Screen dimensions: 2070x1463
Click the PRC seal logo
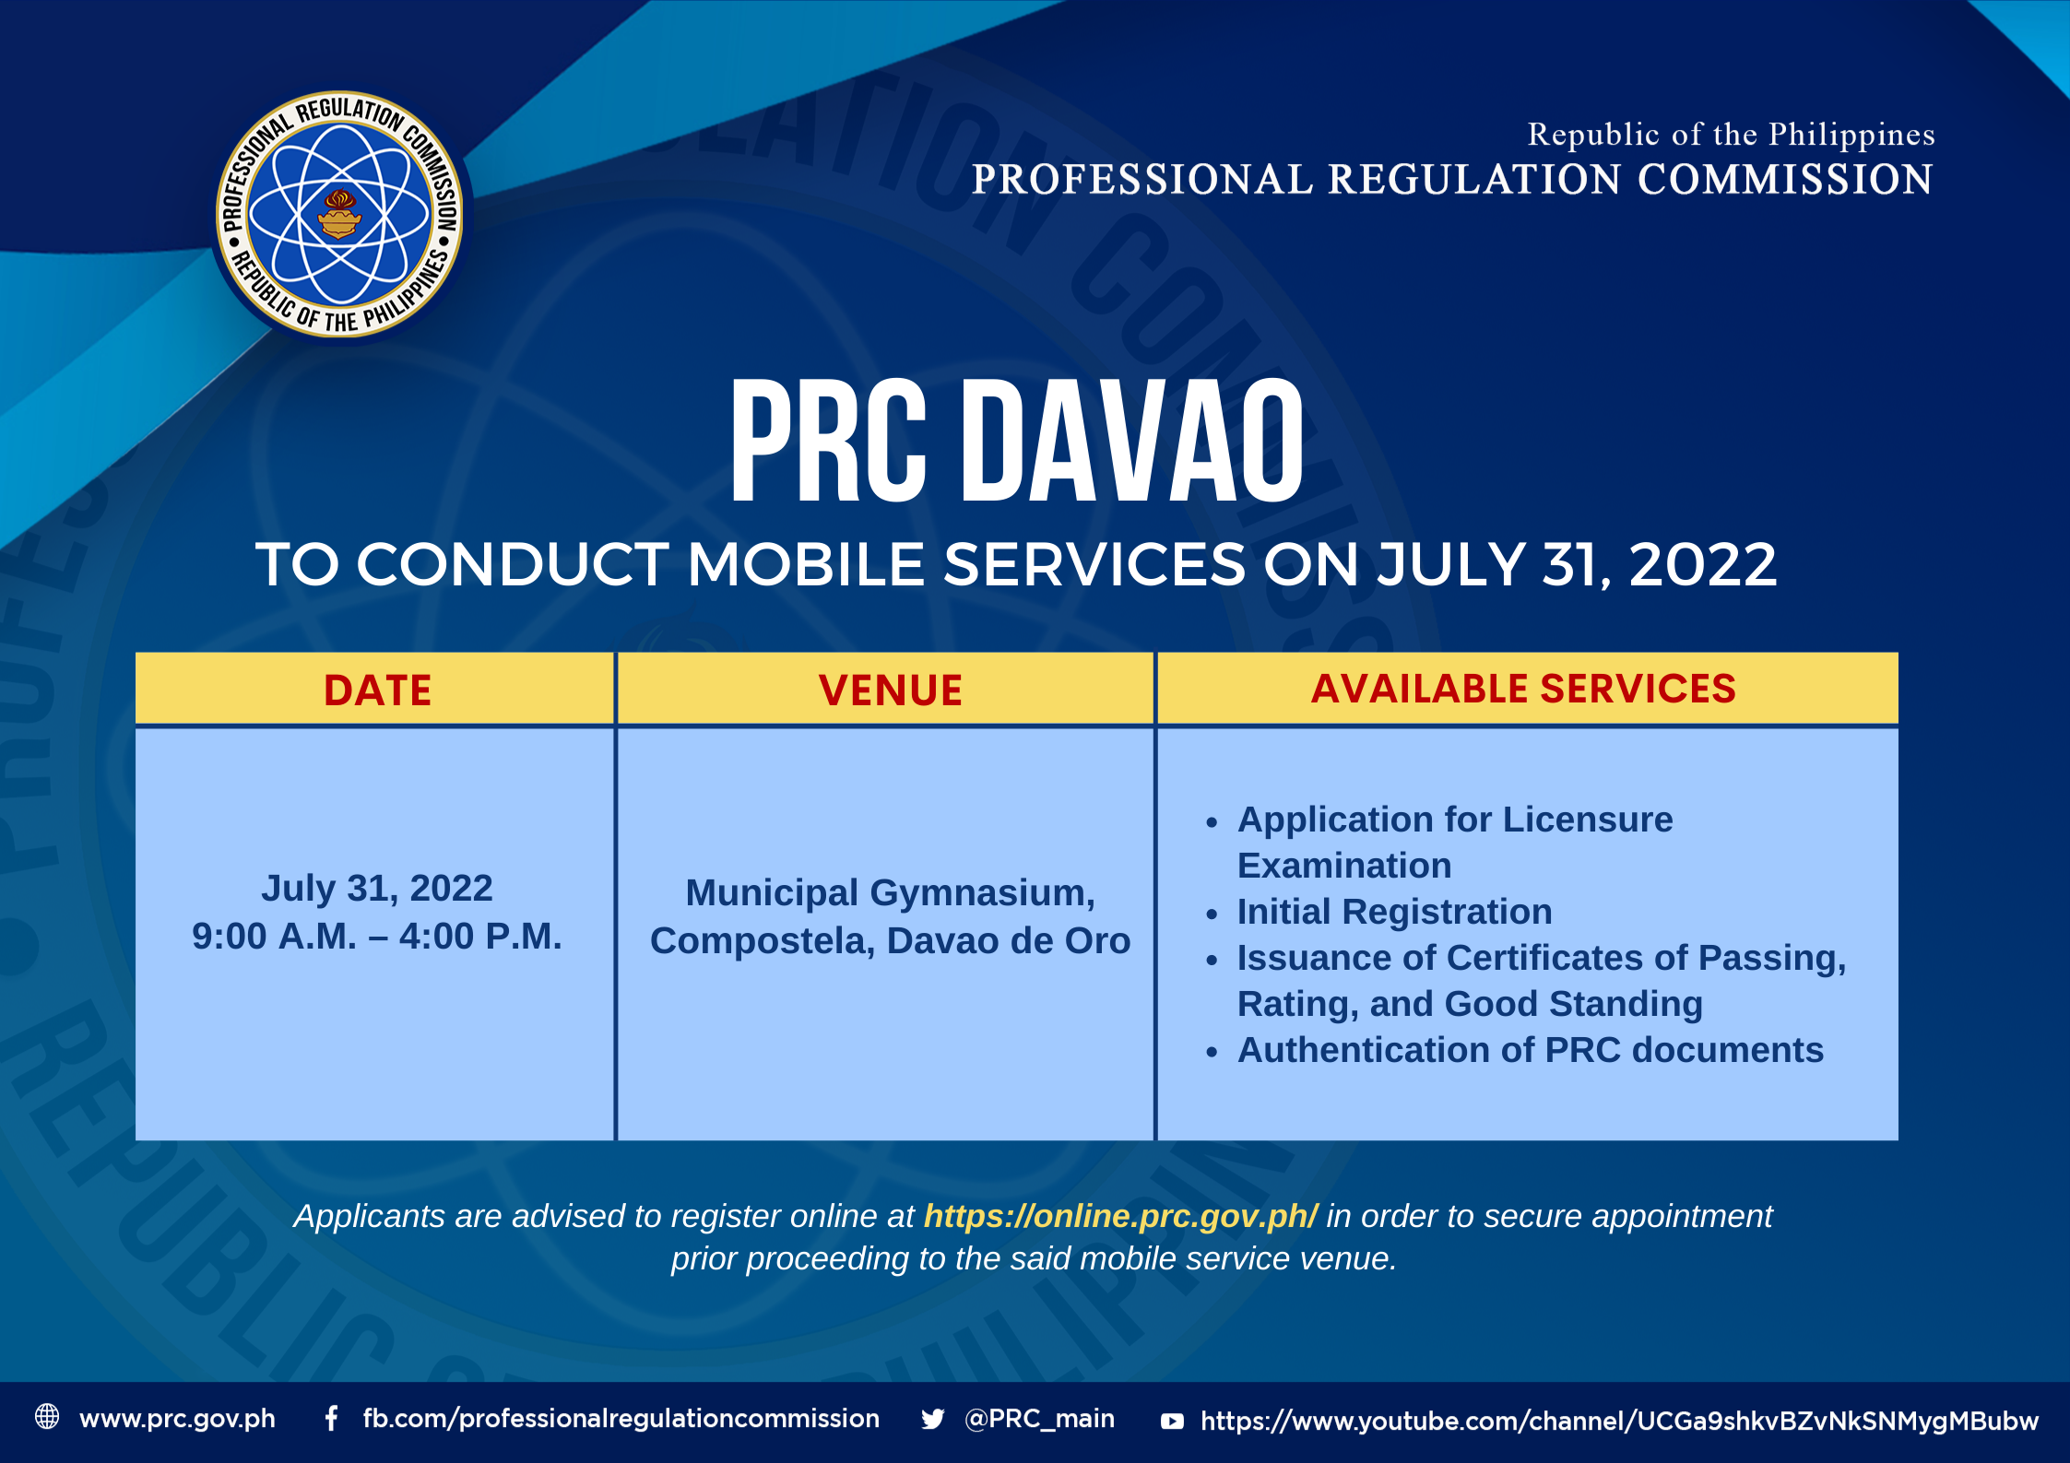pyautogui.click(x=340, y=214)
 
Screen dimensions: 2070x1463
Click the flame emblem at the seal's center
pyautogui.click(x=339, y=213)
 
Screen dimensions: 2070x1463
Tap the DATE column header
pyautogui.click(x=377, y=690)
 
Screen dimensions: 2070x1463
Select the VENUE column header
pyautogui.click(x=890, y=690)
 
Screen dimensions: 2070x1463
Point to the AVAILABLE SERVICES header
pyautogui.click(x=1523, y=689)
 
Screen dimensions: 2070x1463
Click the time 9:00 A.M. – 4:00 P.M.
pyautogui.click(x=376, y=937)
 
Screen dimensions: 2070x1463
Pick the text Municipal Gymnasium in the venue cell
pyautogui.click(x=890, y=893)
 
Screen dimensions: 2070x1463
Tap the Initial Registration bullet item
pyautogui.click(x=1394, y=912)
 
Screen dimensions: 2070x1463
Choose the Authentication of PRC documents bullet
pyautogui.click(x=1530, y=1050)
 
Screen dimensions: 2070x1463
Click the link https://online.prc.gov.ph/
pyautogui.click(x=1120, y=1217)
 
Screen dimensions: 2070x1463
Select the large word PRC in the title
pyautogui.click(x=828, y=442)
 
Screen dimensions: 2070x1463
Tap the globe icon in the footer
pyautogui.click(x=47, y=1417)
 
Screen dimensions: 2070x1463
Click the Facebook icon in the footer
pyautogui.click(x=331, y=1418)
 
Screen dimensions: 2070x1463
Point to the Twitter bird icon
pyautogui.click(x=933, y=1419)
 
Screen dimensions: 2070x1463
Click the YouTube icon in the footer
pyautogui.click(x=1172, y=1421)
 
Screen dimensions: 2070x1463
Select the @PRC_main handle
pyautogui.click(x=1039, y=1418)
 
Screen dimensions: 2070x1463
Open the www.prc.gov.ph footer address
pyautogui.click(x=177, y=1419)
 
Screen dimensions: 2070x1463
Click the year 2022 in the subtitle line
pyautogui.click(x=1702, y=564)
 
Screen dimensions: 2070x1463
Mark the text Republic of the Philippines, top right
pyautogui.click(x=1731, y=135)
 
